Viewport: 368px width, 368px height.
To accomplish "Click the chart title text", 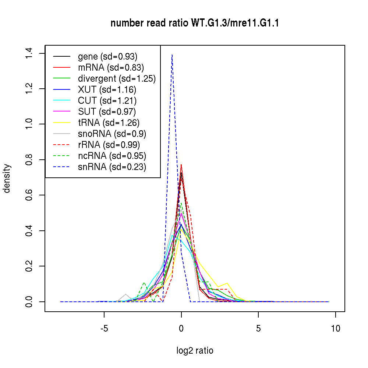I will [x=195, y=23].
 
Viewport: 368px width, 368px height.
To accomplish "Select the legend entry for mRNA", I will [x=111, y=68].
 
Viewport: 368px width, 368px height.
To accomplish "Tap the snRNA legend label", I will [x=112, y=167].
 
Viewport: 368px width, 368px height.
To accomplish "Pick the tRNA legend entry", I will [x=109, y=123].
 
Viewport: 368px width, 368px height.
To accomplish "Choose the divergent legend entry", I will [x=117, y=79].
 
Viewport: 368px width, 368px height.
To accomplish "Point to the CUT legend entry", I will [x=107, y=101].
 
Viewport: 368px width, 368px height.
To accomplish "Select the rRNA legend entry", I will [x=109, y=145].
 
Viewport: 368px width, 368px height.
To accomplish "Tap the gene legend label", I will [x=107, y=57].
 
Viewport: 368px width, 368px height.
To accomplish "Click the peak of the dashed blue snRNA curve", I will [x=172, y=55].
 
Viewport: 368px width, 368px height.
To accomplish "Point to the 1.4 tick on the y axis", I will [x=30, y=53].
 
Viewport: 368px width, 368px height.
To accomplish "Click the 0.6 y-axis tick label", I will [x=30, y=195].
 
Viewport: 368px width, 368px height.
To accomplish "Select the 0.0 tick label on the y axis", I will [x=30, y=302].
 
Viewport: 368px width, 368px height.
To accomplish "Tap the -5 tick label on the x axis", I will [x=104, y=328].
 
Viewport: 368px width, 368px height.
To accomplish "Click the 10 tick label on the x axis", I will [x=335, y=328].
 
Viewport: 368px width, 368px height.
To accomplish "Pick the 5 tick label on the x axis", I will [x=258, y=328].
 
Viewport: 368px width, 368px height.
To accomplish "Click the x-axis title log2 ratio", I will [x=195, y=351].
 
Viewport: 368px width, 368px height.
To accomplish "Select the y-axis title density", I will [x=7, y=178].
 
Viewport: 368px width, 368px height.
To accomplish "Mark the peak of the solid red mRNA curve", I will [x=181, y=164].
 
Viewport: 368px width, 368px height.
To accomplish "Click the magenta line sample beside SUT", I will [x=62, y=112].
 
